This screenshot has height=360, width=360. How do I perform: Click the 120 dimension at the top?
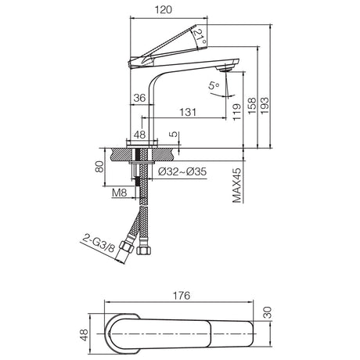(x=164, y=10)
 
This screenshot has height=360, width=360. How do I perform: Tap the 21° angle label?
(x=200, y=37)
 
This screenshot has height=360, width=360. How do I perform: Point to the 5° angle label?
(x=214, y=85)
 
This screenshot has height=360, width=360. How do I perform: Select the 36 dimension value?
(x=139, y=98)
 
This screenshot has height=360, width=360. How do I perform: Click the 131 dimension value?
(x=188, y=112)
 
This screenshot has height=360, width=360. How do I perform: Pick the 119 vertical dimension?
(x=237, y=112)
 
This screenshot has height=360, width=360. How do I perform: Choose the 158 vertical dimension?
(x=252, y=106)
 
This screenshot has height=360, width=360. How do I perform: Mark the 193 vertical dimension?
(x=265, y=105)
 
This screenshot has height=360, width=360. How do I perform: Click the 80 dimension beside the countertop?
(x=99, y=167)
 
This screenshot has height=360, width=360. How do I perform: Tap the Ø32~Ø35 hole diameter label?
(x=182, y=171)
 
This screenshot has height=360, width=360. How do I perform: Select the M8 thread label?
(x=119, y=193)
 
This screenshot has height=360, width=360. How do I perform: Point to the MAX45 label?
(x=237, y=185)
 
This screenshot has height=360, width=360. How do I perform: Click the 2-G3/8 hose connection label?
(x=99, y=243)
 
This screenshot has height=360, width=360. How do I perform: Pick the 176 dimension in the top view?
(x=182, y=296)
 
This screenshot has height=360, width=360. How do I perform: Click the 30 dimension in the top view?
(x=268, y=312)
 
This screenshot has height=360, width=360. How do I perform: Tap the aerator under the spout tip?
(x=224, y=69)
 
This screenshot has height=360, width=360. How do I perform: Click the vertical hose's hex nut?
(x=143, y=250)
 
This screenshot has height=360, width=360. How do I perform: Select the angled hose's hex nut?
(x=127, y=247)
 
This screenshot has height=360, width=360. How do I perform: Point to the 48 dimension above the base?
(x=139, y=135)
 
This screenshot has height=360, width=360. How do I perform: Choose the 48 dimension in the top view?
(x=85, y=335)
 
